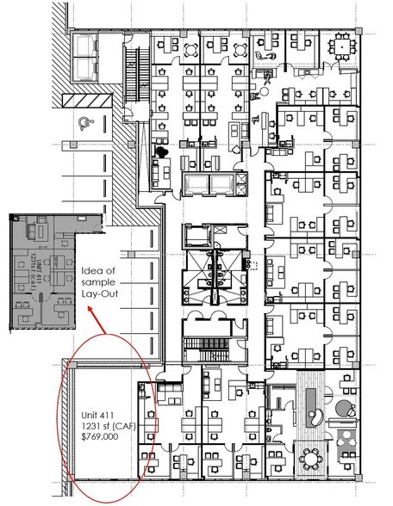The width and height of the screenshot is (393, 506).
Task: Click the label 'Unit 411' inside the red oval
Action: pyautogui.click(x=97, y=412)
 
